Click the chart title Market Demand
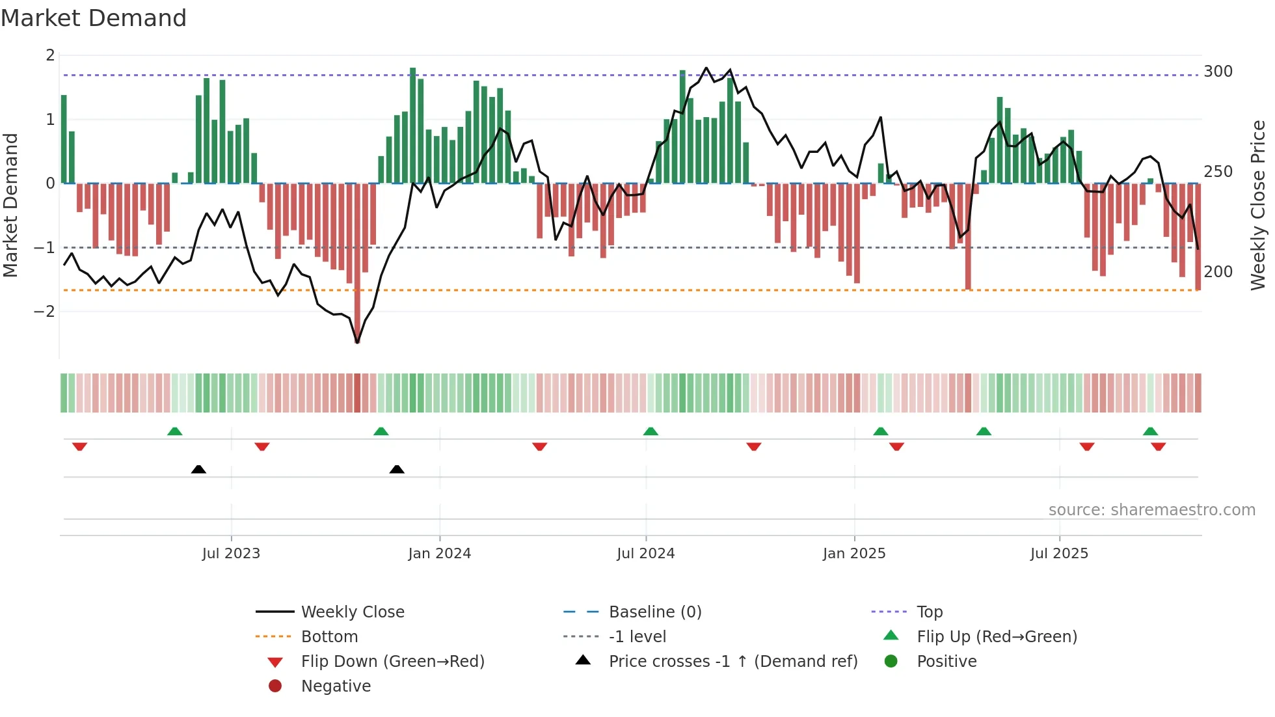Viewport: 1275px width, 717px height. [x=94, y=18]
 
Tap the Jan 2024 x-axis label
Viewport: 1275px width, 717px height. [x=439, y=554]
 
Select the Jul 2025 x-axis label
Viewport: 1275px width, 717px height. [x=1058, y=554]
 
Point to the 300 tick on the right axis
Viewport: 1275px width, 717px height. [x=1218, y=72]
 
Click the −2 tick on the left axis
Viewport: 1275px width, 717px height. [x=44, y=312]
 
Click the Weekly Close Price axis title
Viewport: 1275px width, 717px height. [x=1258, y=205]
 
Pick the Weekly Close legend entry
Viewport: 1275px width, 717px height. [x=352, y=612]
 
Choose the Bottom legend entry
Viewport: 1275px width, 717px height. [x=329, y=637]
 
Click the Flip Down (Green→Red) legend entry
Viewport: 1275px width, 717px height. [x=392, y=662]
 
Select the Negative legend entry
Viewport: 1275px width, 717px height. [x=336, y=686]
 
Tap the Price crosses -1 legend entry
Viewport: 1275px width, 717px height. [x=732, y=662]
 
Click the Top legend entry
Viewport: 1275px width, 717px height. [x=929, y=612]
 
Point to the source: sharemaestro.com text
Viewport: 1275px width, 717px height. [x=1151, y=510]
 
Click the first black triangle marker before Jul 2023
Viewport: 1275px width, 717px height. [x=198, y=469]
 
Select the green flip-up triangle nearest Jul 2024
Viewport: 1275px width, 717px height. [x=651, y=431]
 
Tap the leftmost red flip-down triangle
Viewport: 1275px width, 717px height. [x=80, y=446]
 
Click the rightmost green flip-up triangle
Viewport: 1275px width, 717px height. [x=1150, y=431]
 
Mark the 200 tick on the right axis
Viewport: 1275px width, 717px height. [x=1218, y=272]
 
